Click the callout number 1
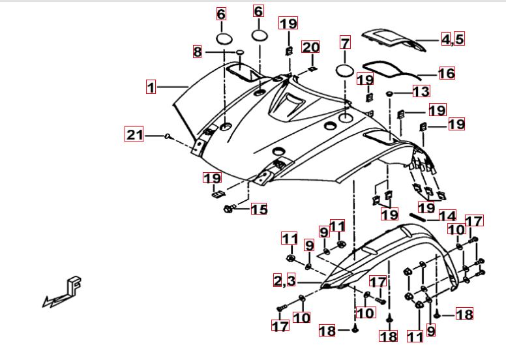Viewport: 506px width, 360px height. click(151, 87)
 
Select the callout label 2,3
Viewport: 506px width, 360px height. click(284, 281)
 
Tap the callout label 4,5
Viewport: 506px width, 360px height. click(453, 39)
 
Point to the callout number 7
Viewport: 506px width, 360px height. click(345, 44)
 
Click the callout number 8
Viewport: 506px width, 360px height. click(198, 51)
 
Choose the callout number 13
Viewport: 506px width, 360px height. click(421, 91)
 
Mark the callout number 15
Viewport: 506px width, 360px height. click(259, 209)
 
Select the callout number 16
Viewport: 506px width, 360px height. click(447, 73)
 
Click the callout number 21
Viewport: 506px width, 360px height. click(134, 135)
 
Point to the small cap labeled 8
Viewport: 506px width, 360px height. click(239, 52)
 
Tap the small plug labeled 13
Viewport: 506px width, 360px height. click(390, 94)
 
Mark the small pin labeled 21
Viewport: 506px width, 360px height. click(168, 136)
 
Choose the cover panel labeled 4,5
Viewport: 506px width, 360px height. click(391, 38)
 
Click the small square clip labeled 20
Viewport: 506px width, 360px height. click(312, 67)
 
